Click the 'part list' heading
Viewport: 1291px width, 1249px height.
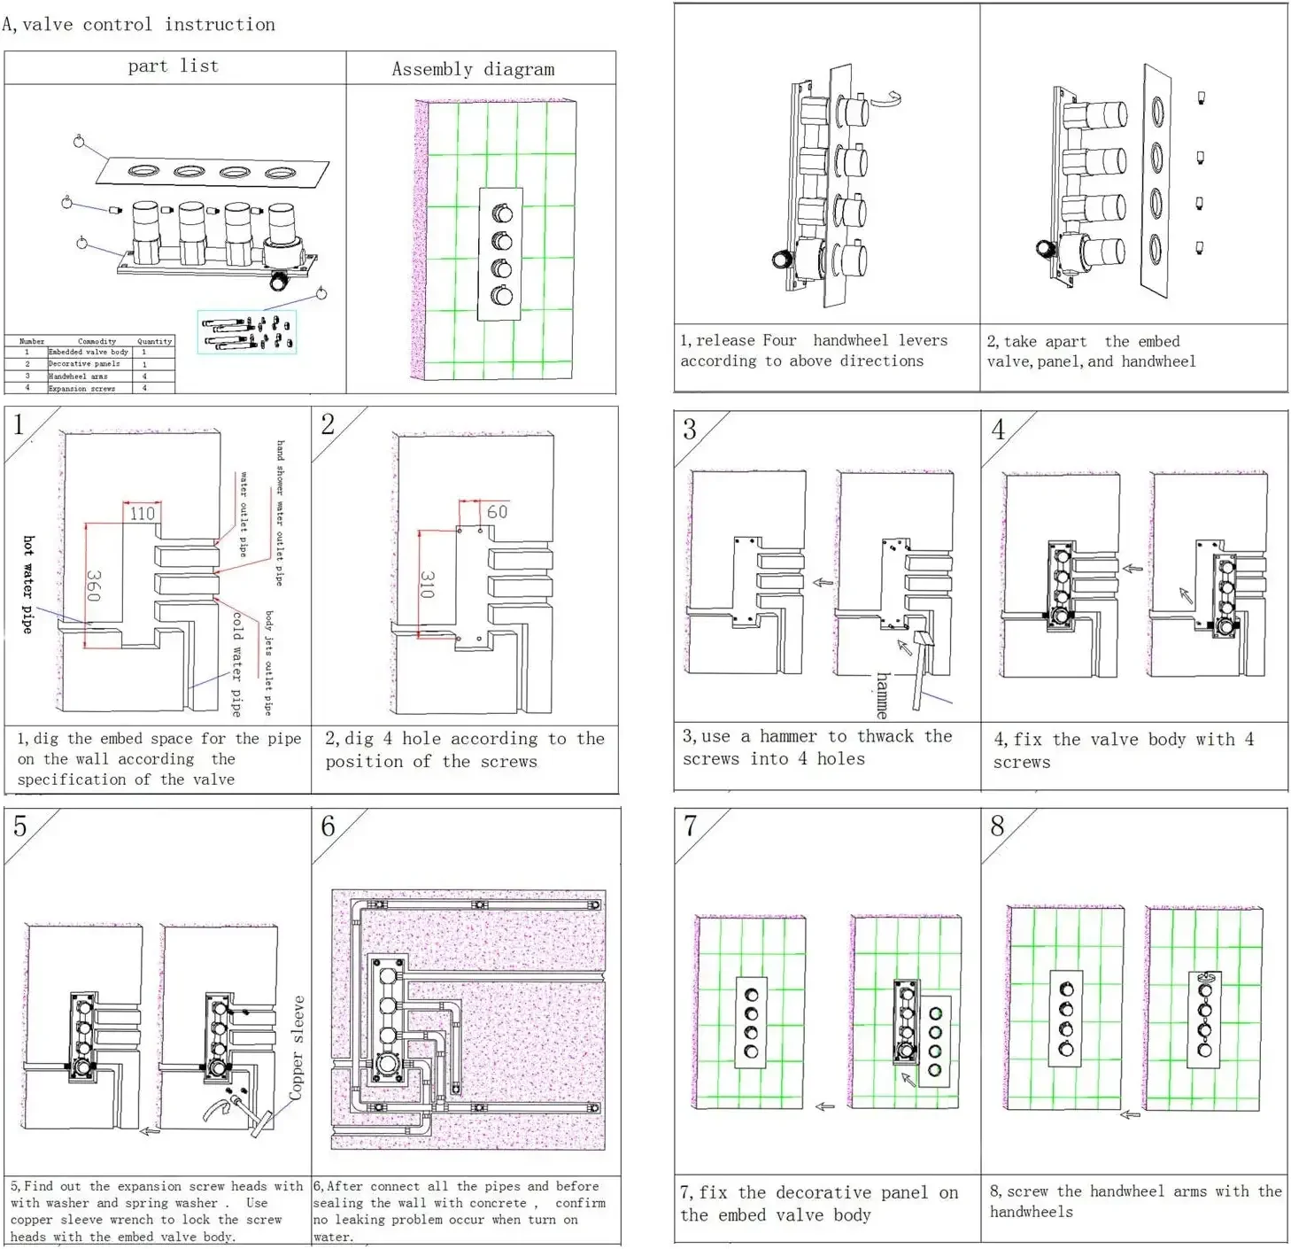173,66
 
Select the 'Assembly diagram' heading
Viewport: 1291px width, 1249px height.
473,69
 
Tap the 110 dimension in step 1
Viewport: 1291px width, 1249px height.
142,513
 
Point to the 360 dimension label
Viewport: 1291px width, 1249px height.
93,586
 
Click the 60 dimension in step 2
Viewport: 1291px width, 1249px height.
497,512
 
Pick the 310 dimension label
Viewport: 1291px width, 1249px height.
427,585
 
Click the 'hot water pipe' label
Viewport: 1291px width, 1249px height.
28,584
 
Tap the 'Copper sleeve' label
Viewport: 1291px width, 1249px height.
298,1048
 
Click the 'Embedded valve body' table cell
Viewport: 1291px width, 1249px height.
88,352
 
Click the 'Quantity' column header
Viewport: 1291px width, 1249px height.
154,341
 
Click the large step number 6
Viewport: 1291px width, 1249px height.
328,826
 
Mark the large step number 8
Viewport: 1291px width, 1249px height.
998,826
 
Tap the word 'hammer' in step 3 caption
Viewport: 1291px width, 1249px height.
787,737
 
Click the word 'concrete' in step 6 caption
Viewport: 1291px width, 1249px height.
496,1203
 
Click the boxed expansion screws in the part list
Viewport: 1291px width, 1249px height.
247,332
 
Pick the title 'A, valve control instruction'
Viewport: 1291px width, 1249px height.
139,25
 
